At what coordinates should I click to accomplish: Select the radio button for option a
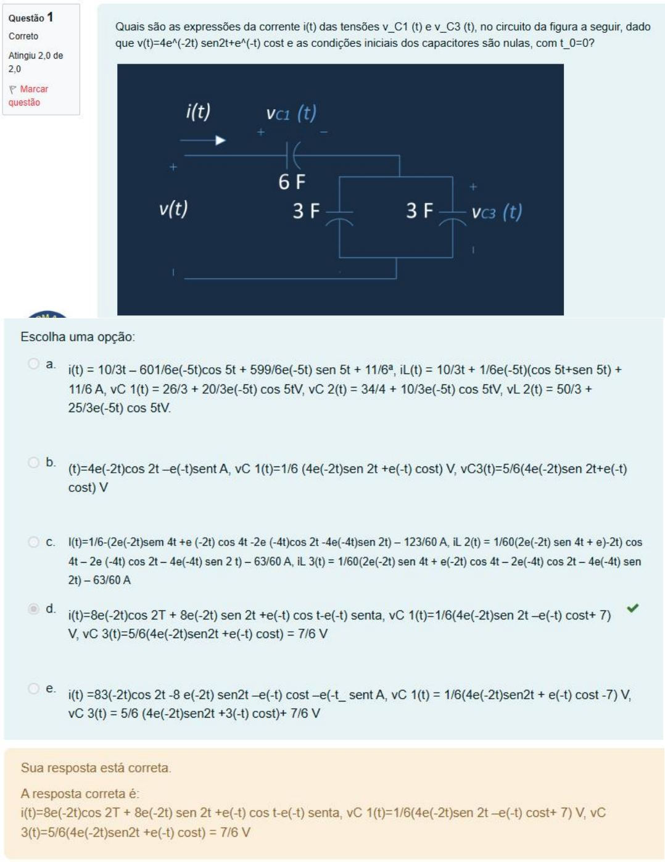point(34,364)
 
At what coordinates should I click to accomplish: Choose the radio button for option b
point(34,462)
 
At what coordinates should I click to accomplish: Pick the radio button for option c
point(34,542)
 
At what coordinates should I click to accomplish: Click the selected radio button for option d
point(34,609)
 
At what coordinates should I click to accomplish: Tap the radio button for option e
point(34,688)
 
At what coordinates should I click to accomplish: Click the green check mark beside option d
point(632,608)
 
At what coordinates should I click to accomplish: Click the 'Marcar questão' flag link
point(28,96)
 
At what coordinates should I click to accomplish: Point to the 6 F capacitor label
point(292,182)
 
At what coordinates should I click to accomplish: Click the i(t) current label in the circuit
point(198,112)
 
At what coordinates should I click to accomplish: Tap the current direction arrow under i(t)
point(204,141)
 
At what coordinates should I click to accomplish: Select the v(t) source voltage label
point(173,209)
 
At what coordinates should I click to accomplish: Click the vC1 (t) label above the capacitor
point(291,114)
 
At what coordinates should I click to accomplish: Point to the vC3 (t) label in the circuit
point(497,212)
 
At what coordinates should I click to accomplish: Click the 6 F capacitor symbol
point(292,155)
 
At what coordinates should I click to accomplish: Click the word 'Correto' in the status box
point(23,36)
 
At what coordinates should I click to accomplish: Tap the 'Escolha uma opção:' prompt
point(78,337)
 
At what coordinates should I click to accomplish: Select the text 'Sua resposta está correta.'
point(96,768)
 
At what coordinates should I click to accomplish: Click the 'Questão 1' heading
point(31,18)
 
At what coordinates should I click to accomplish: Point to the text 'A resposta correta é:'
point(80,794)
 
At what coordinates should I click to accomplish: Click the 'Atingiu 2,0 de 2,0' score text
point(35,62)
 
